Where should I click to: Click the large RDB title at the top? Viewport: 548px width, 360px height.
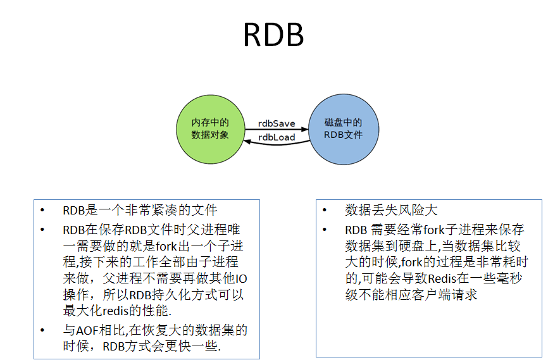(273, 36)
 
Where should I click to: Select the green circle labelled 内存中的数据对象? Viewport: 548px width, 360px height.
(209, 129)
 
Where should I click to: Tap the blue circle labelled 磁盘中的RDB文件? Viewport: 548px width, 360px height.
(343, 129)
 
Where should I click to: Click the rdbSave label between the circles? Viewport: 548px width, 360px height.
(277, 123)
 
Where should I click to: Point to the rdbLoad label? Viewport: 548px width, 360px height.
(277, 137)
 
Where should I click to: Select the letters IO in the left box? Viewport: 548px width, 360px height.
(235, 278)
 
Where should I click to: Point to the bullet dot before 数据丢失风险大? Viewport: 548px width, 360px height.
(325, 210)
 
